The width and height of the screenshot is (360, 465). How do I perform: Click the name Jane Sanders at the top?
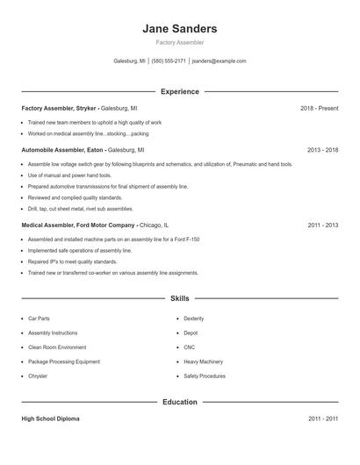(180, 29)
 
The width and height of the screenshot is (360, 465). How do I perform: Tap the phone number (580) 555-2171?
(169, 61)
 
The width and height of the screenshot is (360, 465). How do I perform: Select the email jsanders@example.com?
(220, 61)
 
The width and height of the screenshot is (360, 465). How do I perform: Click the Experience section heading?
(180, 91)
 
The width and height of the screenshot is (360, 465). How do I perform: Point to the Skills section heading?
(180, 298)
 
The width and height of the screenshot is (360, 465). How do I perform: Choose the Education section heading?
(180, 402)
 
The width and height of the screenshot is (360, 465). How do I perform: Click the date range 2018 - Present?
(319, 108)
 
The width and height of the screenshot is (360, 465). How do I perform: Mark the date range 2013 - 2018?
(322, 150)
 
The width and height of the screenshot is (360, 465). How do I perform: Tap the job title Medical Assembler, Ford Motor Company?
(78, 225)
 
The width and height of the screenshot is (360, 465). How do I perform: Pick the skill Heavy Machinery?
(203, 361)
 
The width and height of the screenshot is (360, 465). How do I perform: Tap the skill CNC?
(191, 347)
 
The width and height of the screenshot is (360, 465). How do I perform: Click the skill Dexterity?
(194, 318)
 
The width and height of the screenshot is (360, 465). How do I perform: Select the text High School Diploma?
(51, 419)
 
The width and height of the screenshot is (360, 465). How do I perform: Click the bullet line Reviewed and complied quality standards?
(75, 198)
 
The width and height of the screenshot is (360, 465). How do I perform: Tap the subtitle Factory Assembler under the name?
(180, 43)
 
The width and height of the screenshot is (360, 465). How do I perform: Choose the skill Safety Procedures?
(205, 376)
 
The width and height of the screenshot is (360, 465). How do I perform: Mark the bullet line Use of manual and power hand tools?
(70, 175)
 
